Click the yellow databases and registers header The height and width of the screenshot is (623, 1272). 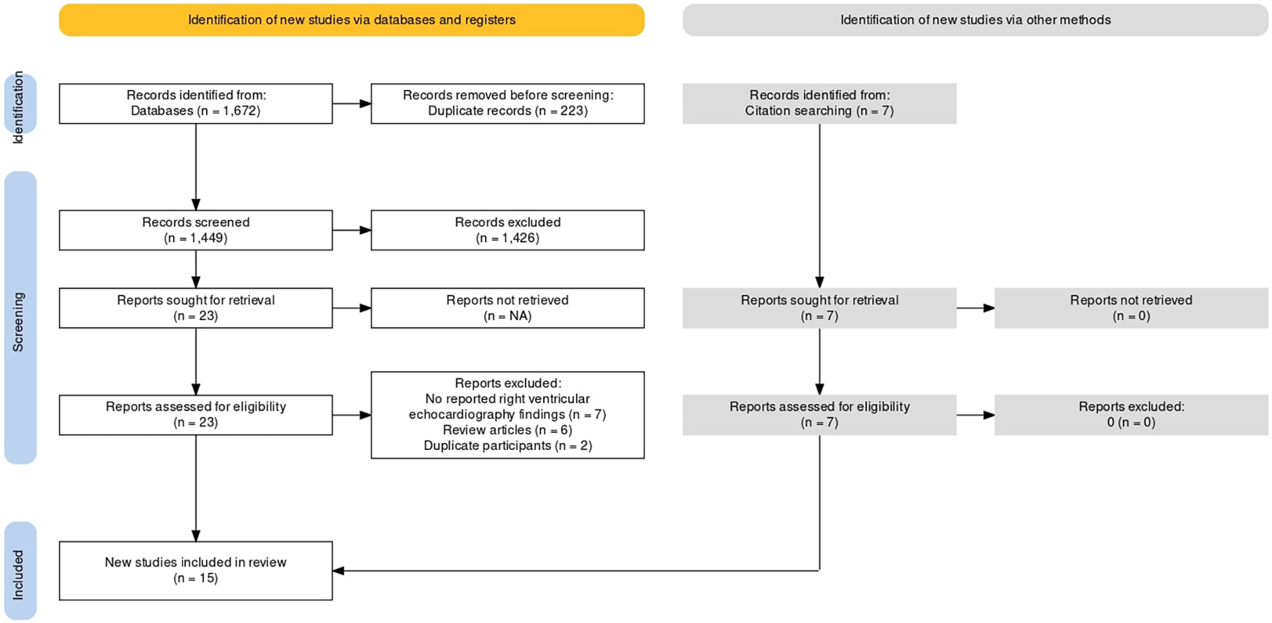pyautogui.click(x=351, y=20)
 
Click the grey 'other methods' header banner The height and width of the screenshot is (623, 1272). pyautogui.click(x=974, y=20)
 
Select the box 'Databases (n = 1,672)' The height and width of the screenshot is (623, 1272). pyautogui.click(x=196, y=104)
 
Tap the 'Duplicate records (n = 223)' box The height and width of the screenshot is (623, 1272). pyautogui.click(x=507, y=104)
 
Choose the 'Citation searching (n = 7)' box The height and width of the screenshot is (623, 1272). pyautogui.click(x=819, y=104)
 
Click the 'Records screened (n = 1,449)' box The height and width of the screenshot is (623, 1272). pyautogui.click(x=196, y=230)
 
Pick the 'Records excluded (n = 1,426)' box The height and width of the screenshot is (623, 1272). pyautogui.click(x=507, y=230)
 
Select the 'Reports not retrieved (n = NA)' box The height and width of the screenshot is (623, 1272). pyautogui.click(x=507, y=308)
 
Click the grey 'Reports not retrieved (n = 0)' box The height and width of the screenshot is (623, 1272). pyautogui.click(x=1130, y=308)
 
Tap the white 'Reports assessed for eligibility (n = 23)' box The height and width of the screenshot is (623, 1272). pyautogui.click(x=196, y=415)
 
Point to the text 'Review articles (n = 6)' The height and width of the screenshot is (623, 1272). pyautogui.click(x=507, y=430)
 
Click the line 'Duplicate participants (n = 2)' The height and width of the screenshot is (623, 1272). pyautogui.click(x=507, y=446)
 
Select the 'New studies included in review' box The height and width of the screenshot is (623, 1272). pyautogui.click(x=196, y=571)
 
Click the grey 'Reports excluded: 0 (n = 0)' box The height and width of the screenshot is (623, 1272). pyautogui.click(x=1130, y=415)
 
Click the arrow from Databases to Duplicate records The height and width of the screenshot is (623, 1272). pyautogui.click(x=351, y=104)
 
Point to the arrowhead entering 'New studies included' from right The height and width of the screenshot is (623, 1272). pyautogui.click(x=339, y=571)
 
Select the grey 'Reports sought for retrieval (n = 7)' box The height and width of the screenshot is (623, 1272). pyautogui.click(x=819, y=308)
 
